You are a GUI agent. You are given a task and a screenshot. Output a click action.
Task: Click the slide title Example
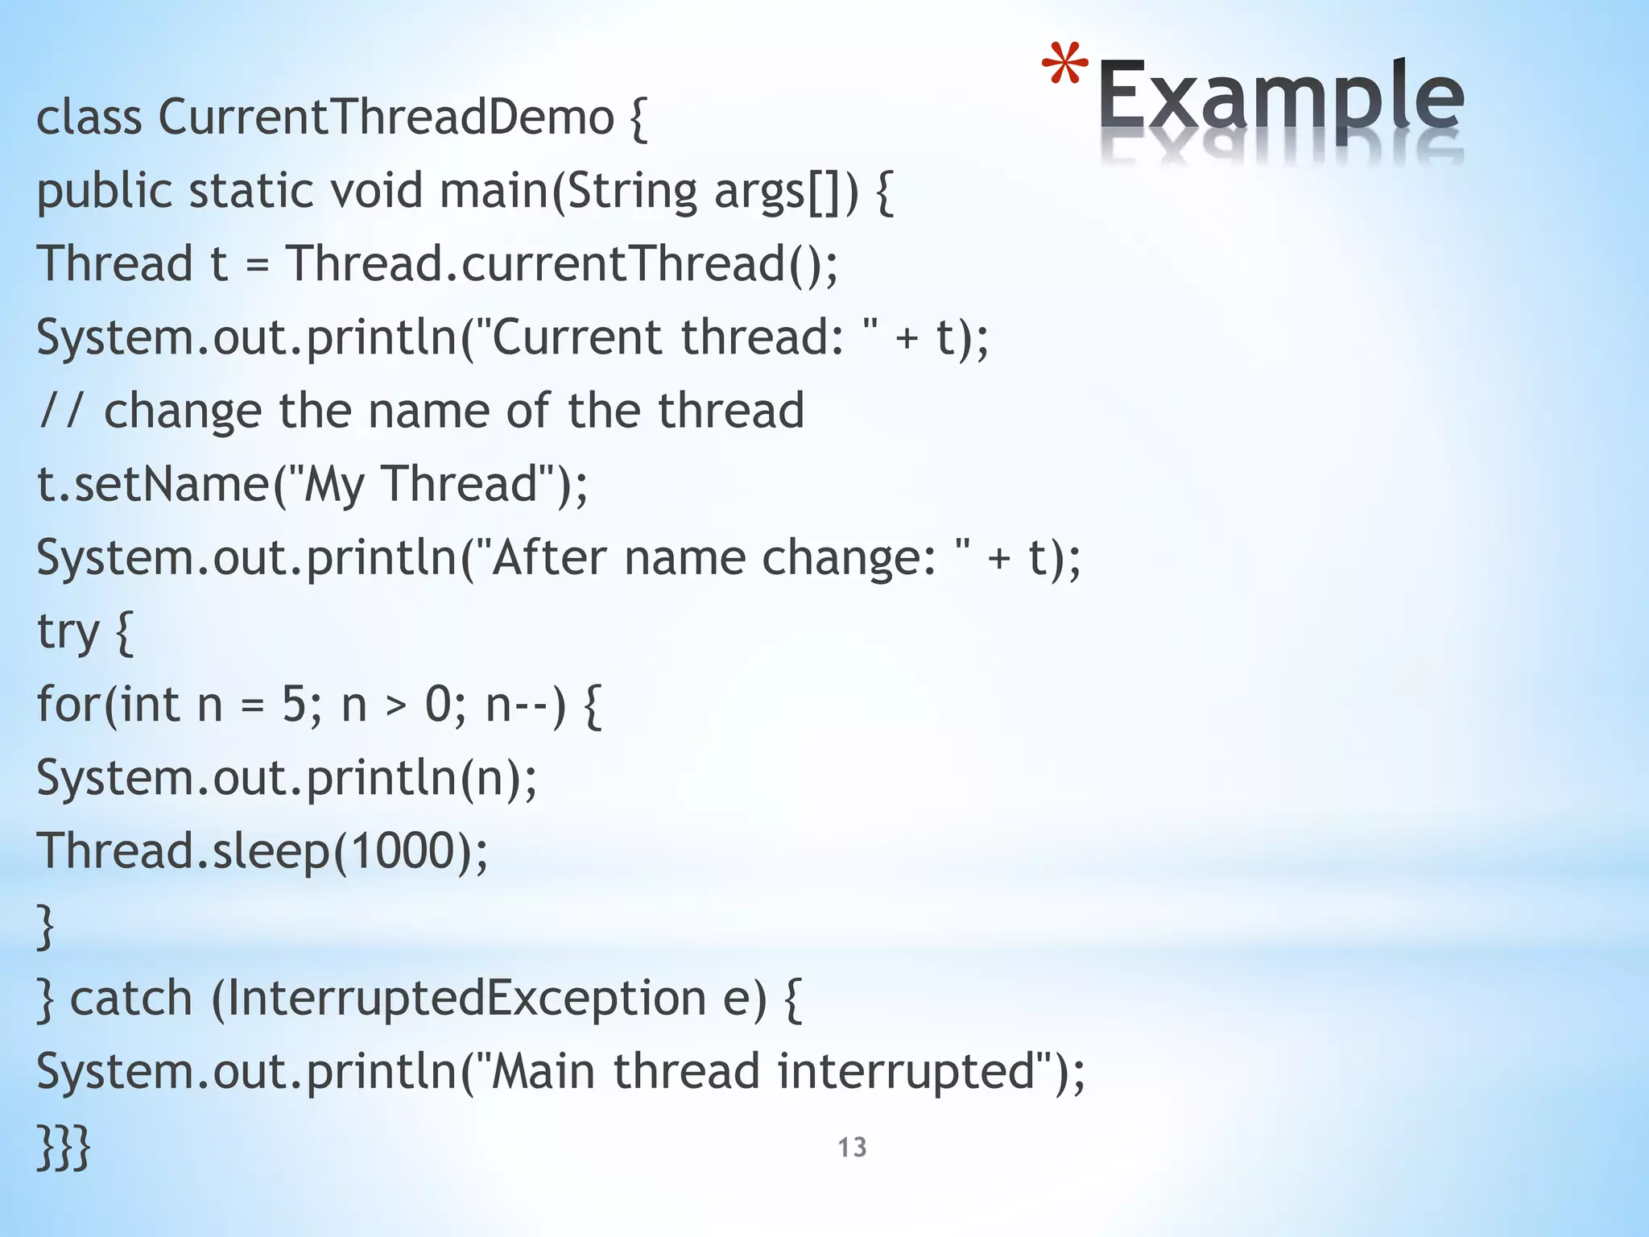[x=1280, y=101]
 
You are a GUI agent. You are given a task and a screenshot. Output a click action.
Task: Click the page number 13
[x=852, y=1147]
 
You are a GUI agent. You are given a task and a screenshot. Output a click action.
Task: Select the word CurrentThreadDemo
[x=386, y=118]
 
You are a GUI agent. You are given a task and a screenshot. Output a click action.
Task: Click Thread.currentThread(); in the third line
[x=562, y=264]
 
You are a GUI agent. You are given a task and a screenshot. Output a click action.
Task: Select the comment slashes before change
[x=60, y=411]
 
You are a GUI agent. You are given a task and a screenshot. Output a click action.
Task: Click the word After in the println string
[x=548, y=557]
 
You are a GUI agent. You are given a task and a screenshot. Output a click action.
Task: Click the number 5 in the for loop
[x=294, y=705]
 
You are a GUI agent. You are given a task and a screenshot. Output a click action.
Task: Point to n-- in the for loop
[x=519, y=705]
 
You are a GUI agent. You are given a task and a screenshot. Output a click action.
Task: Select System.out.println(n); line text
[x=287, y=778]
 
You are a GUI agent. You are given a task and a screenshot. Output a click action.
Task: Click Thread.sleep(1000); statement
[x=262, y=851]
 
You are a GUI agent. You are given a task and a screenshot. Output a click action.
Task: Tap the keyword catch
[x=131, y=999]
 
